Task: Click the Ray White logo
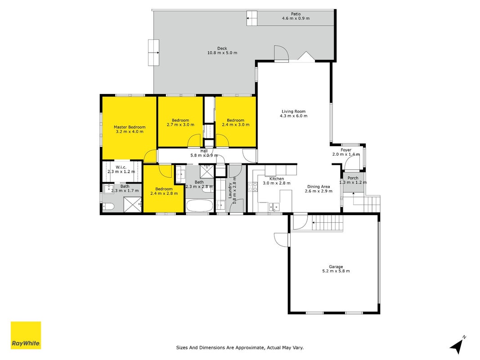click(26, 335)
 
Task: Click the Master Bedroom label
click(130, 127)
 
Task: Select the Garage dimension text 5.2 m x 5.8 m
click(336, 271)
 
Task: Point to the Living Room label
click(294, 112)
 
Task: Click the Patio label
click(296, 14)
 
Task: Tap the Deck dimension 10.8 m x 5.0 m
click(222, 53)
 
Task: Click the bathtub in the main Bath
click(200, 206)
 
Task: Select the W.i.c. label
click(121, 167)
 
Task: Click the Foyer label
click(346, 150)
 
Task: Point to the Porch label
click(353, 178)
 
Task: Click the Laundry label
click(230, 190)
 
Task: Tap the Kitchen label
click(276, 179)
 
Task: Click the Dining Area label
click(319, 186)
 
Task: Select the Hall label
click(204, 151)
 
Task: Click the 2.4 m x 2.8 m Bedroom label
click(164, 189)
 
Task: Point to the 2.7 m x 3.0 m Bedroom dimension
click(180, 125)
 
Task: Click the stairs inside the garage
click(327, 223)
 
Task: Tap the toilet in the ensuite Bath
click(108, 207)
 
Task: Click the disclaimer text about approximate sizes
click(240, 347)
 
